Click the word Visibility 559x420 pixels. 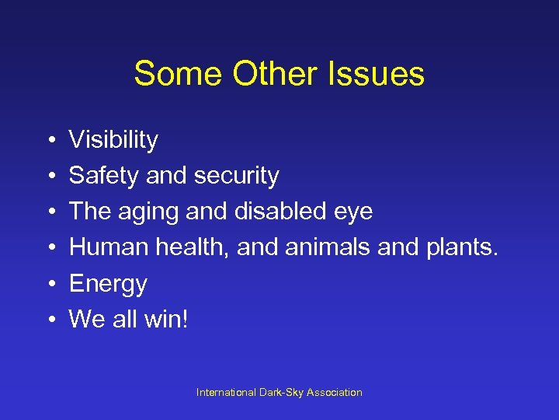[113, 141]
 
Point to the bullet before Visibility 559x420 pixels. [49, 141]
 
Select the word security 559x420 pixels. [236, 177]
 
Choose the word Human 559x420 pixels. [105, 247]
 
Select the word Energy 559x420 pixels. [108, 285]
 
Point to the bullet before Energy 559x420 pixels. [49, 284]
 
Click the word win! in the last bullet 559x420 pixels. [166, 319]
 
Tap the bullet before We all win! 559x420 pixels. [49, 319]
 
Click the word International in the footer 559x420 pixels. [224, 393]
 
